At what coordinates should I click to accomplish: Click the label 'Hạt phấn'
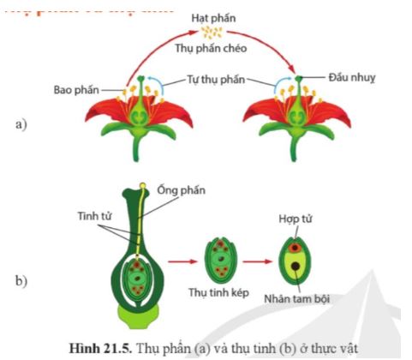[210, 17]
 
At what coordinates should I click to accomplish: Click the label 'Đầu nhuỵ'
[351, 77]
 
